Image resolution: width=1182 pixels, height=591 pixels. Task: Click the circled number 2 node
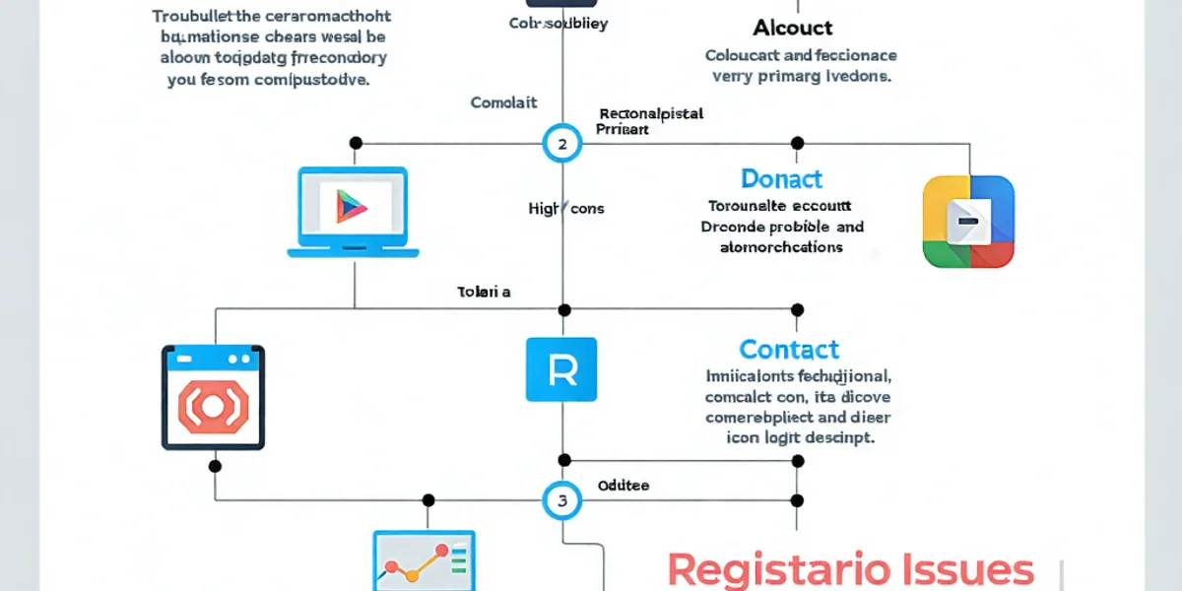(562, 144)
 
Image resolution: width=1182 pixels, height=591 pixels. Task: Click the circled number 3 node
(562, 500)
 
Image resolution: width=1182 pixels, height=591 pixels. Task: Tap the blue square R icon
(561, 369)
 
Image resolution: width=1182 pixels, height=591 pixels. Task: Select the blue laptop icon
(354, 212)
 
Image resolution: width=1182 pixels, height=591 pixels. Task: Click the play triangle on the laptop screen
(351, 206)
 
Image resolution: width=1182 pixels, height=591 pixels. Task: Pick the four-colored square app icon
(968, 222)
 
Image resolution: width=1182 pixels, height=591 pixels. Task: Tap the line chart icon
(424, 561)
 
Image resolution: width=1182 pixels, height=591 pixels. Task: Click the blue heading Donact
(781, 179)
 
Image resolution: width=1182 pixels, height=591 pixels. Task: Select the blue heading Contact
(789, 350)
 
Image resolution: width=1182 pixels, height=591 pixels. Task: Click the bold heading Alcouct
(793, 28)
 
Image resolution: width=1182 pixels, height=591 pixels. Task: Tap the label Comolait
(504, 102)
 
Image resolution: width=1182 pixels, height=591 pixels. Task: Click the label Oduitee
(624, 485)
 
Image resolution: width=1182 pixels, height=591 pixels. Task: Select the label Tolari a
(484, 292)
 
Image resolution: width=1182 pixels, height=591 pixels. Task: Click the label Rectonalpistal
(651, 113)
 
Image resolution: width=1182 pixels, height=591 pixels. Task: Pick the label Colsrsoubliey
(558, 23)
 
